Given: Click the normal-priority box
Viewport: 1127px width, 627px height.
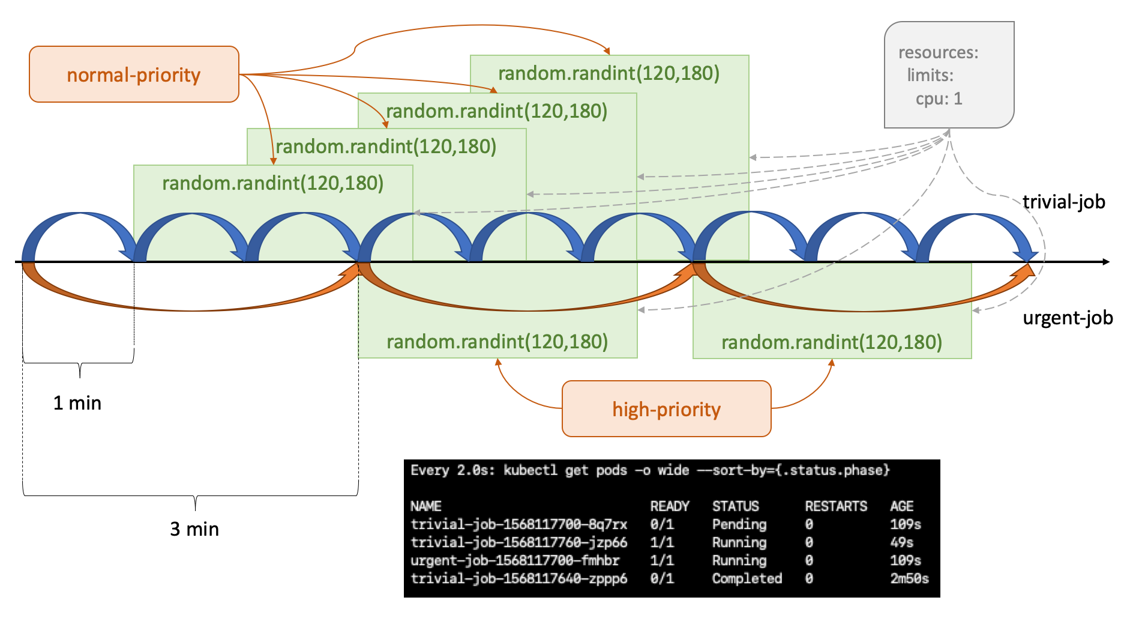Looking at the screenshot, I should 134,74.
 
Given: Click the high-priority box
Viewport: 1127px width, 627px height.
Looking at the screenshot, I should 666,409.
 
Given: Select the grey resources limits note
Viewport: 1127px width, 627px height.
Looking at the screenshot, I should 949,75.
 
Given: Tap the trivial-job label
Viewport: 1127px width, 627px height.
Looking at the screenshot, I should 1063,202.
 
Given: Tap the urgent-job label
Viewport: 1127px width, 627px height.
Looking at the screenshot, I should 1068,318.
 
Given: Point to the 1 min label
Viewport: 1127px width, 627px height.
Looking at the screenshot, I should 77,403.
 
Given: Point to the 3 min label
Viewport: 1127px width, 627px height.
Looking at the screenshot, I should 194,529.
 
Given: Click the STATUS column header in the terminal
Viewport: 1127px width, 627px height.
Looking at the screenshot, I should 735,506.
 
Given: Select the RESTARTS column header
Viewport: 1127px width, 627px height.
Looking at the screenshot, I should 836,506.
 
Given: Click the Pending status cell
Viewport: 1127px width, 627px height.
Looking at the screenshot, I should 739,524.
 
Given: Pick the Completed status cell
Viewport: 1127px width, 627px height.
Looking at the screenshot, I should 747,578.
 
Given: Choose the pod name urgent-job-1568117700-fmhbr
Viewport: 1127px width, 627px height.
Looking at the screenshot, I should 515,560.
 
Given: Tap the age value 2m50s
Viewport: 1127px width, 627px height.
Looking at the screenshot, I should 909,578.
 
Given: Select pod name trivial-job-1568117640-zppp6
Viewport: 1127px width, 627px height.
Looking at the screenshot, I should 518,578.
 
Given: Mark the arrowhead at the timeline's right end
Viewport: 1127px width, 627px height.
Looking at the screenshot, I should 1105,262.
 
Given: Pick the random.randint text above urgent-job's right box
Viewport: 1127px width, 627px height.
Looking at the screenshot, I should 832,342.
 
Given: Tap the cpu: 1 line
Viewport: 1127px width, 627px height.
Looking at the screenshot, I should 939,98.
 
